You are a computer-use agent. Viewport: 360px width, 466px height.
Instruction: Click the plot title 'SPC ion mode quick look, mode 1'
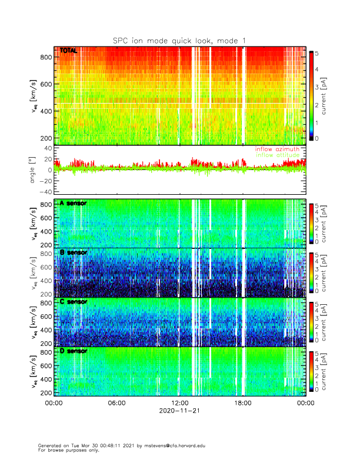[x=179, y=40]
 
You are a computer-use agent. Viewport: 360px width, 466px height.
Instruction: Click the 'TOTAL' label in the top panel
[x=69, y=51]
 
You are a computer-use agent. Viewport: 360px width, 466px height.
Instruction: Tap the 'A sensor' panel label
[x=73, y=203]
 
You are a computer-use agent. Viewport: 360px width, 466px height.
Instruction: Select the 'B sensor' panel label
[x=73, y=252]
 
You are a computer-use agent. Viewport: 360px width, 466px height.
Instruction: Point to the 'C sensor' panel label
[x=73, y=302]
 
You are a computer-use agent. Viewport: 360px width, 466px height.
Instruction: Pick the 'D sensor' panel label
[x=73, y=351]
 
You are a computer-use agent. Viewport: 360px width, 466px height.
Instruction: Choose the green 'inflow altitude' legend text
[x=280, y=155]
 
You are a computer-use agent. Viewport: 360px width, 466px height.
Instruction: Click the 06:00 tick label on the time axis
[x=116, y=403]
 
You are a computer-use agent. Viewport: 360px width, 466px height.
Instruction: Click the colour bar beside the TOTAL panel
[x=311, y=94]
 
